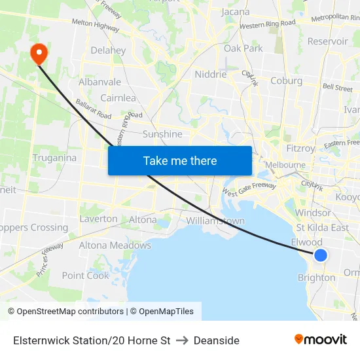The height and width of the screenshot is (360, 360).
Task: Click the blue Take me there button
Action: [180, 160]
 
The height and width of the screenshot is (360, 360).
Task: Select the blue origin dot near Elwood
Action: [320, 255]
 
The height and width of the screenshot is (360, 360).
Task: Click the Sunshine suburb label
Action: [162, 134]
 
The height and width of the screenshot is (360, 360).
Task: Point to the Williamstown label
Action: [215, 221]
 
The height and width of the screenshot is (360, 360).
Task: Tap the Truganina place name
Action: [54, 158]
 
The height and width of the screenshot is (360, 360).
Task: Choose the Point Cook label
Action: [86, 276]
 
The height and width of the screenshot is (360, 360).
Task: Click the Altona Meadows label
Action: [115, 245]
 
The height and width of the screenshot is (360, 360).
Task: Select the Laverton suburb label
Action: [98, 219]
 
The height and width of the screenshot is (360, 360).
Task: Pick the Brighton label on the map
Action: [316, 278]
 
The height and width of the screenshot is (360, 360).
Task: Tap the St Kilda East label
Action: [322, 227]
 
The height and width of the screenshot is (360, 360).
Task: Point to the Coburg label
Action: [286, 81]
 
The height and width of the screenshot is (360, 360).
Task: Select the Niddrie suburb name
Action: [210, 75]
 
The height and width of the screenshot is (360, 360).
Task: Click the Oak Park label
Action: [243, 48]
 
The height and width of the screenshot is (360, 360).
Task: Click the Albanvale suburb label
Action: [99, 82]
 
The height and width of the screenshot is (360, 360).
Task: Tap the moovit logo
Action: [321, 340]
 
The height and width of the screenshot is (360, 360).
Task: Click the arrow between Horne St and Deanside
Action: [182, 340]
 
